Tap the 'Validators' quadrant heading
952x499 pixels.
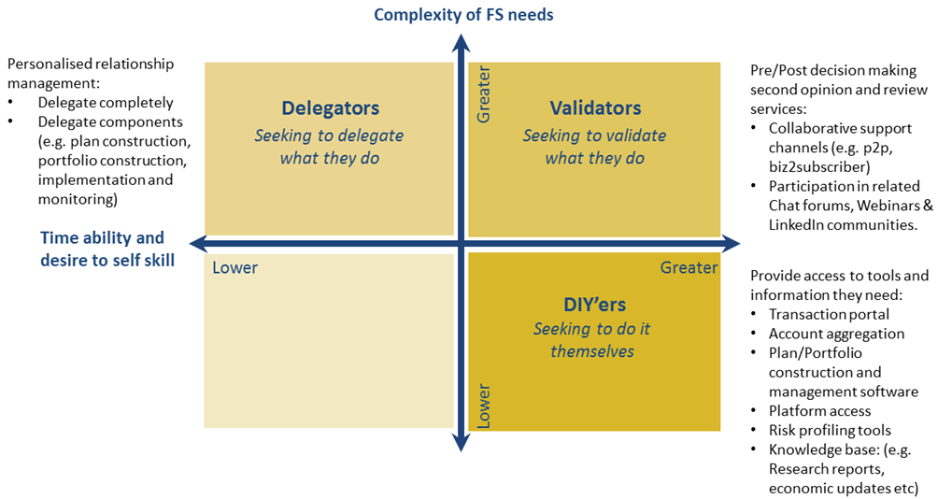point(595,108)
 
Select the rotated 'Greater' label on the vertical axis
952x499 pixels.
point(483,99)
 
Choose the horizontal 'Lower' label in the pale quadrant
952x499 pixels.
point(234,268)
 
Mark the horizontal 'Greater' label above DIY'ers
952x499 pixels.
point(689,268)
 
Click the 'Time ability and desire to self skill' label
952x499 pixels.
point(102,249)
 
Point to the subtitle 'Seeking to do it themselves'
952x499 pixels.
point(592,340)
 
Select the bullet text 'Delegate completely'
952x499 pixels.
point(106,103)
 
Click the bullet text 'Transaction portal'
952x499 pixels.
point(829,314)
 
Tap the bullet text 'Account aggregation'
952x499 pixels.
point(836,334)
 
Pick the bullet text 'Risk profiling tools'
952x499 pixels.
point(830,430)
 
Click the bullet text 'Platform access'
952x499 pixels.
point(819,411)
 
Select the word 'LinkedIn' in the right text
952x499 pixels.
point(799,224)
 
